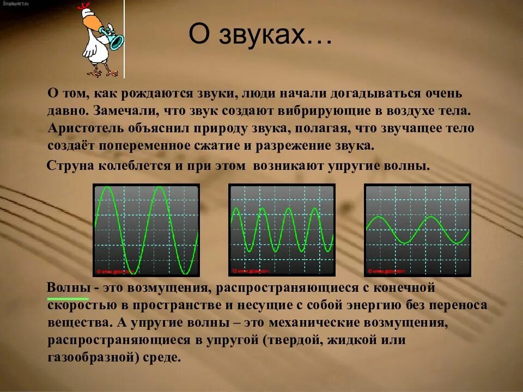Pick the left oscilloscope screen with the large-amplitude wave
tap(147, 230)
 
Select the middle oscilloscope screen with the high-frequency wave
tap(282, 230)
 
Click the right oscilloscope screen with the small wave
tap(417, 230)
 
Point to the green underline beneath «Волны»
tap(68, 298)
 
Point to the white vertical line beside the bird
tap(124, 39)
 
